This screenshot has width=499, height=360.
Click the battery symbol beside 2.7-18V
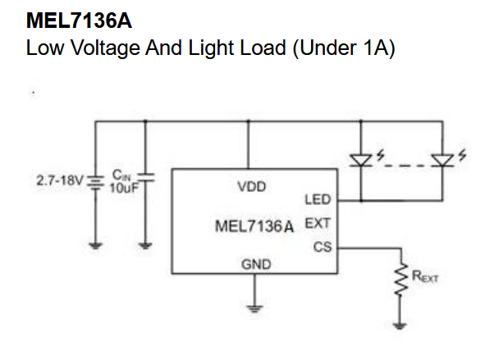coord(95,183)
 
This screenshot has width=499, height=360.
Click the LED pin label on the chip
coord(317,199)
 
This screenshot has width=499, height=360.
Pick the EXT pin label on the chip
coord(317,223)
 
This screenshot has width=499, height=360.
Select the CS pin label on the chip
coord(322,246)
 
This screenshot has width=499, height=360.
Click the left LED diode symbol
coord(361,159)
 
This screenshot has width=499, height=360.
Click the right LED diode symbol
coord(445,159)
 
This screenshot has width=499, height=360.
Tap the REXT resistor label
coord(425,278)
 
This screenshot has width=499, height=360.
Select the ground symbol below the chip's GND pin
coord(255,308)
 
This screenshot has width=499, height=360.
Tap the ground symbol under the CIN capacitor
coord(145,244)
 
